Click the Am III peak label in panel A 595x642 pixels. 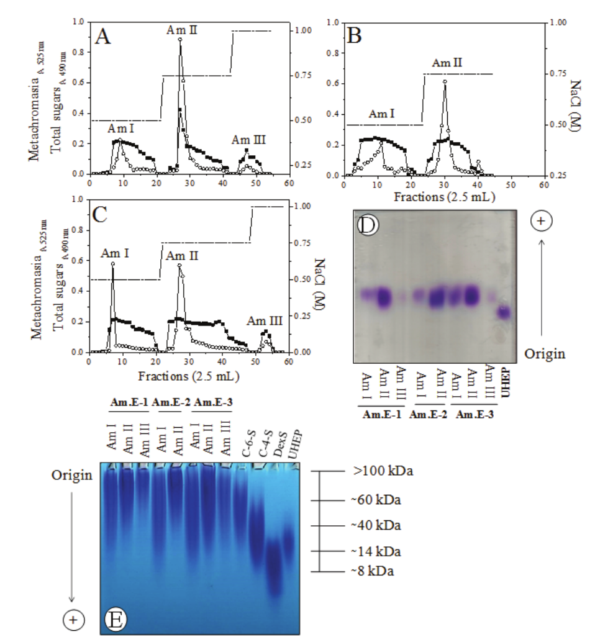248,140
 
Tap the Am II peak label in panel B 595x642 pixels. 447,62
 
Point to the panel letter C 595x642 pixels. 102,215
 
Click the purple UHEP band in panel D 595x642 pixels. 504,312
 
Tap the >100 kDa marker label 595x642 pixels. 383,471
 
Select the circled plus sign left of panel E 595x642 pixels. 73,619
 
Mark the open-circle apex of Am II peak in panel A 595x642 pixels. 179,40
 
